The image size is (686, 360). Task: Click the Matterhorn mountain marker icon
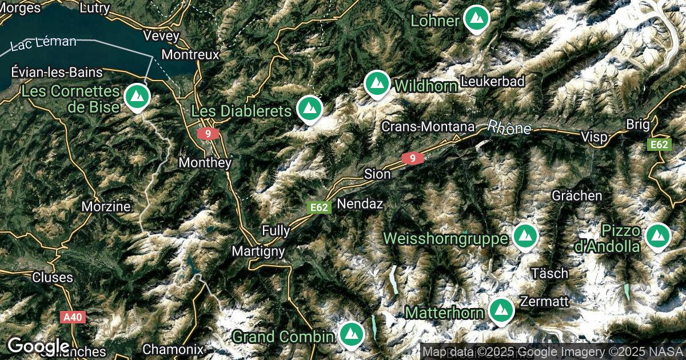[501, 310]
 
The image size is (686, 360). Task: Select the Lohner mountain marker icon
[475, 19]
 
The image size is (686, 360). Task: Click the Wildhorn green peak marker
[377, 83]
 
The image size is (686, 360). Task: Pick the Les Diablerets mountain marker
[310, 108]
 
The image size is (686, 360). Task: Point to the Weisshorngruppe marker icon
[524, 235]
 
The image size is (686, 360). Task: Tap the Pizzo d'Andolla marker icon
[657, 235]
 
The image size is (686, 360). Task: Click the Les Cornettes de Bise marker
[137, 97]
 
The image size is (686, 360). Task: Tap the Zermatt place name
[544, 301]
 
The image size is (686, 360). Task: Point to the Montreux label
[190, 55]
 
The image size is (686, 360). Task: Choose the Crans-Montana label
[428, 126]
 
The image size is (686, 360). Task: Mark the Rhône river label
[509, 128]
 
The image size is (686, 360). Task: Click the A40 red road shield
[73, 316]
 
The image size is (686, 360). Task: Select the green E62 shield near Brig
[659, 145]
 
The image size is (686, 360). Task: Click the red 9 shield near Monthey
[208, 134]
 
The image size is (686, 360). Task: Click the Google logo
[39, 346]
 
